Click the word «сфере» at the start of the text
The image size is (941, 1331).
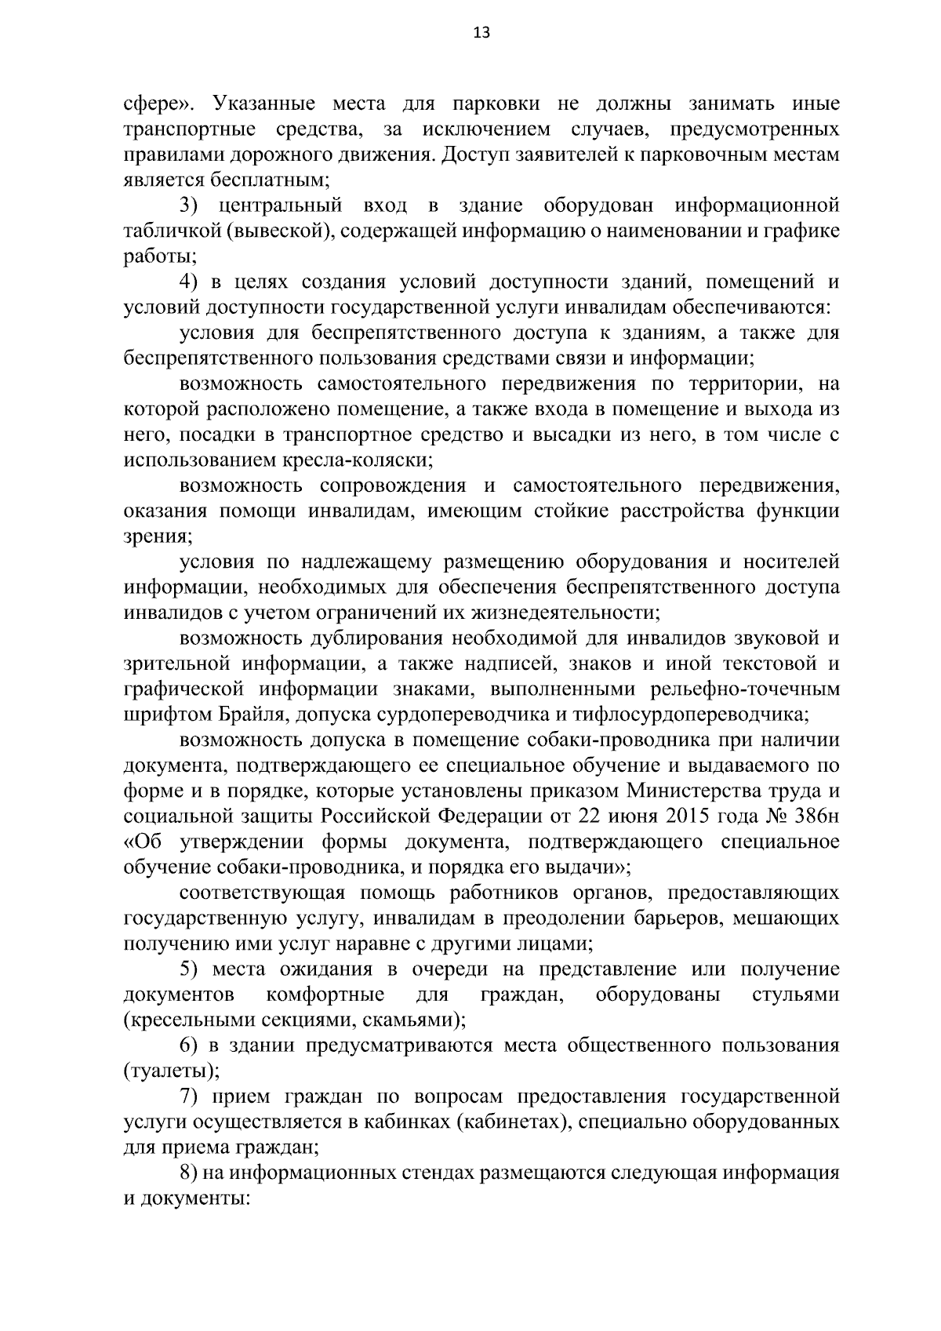tap(154, 104)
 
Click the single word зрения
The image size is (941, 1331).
tap(156, 536)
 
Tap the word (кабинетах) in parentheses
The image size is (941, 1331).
tap(510, 1122)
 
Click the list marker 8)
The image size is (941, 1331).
tap(191, 1173)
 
